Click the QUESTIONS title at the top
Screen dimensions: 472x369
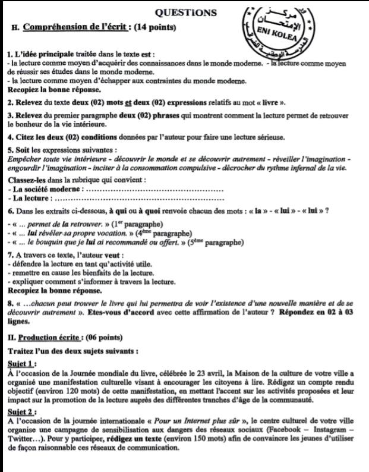(185, 11)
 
